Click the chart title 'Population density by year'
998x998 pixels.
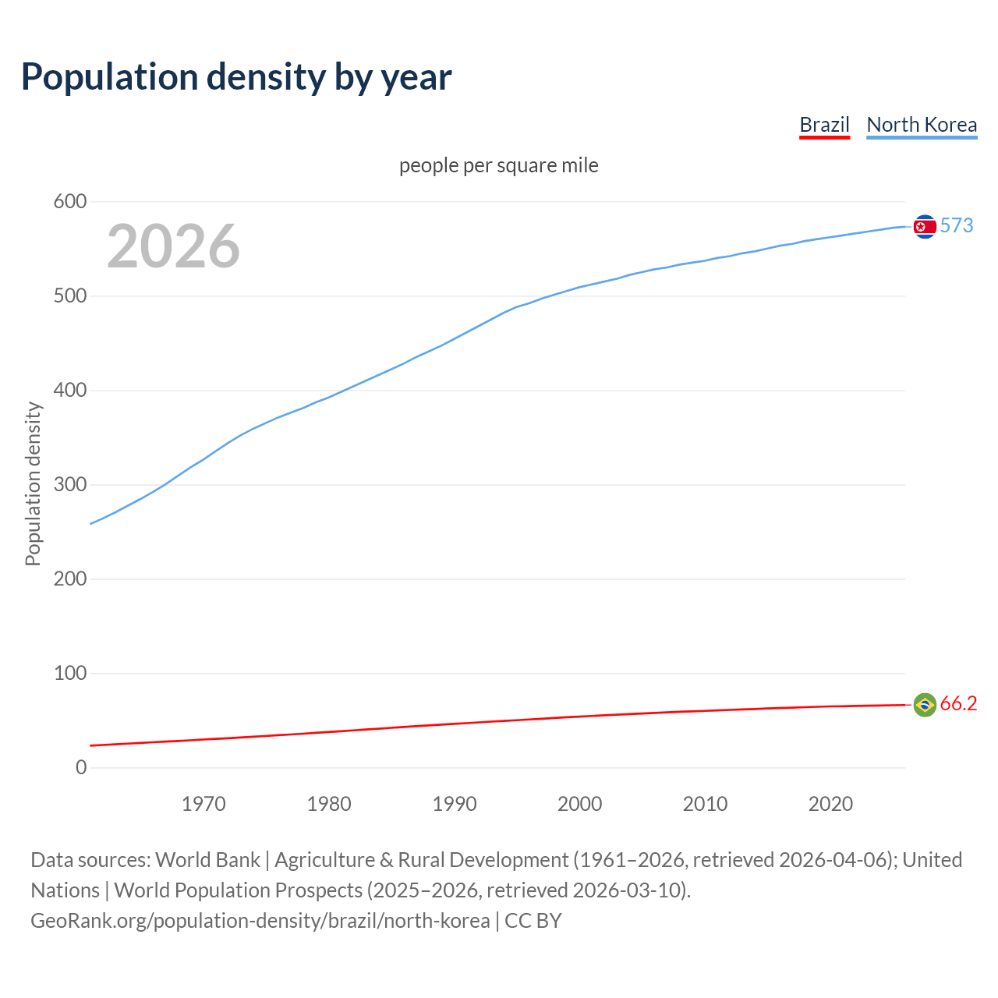(x=236, y=77)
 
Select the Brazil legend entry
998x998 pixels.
(x=824, y=125)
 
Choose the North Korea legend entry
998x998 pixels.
(x=922, y=125)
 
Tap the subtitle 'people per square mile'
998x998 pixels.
(x=499, y=166)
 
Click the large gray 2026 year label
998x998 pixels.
(x=173, y=246)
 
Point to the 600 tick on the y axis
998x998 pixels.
(x=70, y=202)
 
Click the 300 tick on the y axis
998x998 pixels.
(x=70, y=485)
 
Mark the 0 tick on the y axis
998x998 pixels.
(x=81, y=768)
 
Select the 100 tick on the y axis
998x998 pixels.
(x=70, y=674)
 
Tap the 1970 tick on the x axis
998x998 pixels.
(x=203, y=804)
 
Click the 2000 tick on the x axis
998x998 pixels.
(x=579, y=804)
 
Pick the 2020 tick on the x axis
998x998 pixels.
(x=830, y=804)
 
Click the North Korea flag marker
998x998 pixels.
(x=925, y=227)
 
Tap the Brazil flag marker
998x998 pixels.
(x=925, y=705)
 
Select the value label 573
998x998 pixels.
(x=957, y=226)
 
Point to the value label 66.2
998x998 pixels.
(x=958, y=704)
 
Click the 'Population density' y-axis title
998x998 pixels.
(x=33, y=483)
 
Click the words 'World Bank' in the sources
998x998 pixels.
(x=207, y=860)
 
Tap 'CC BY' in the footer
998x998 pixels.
(x=533, y=921)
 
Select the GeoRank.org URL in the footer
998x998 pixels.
(x=260, y=921)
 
